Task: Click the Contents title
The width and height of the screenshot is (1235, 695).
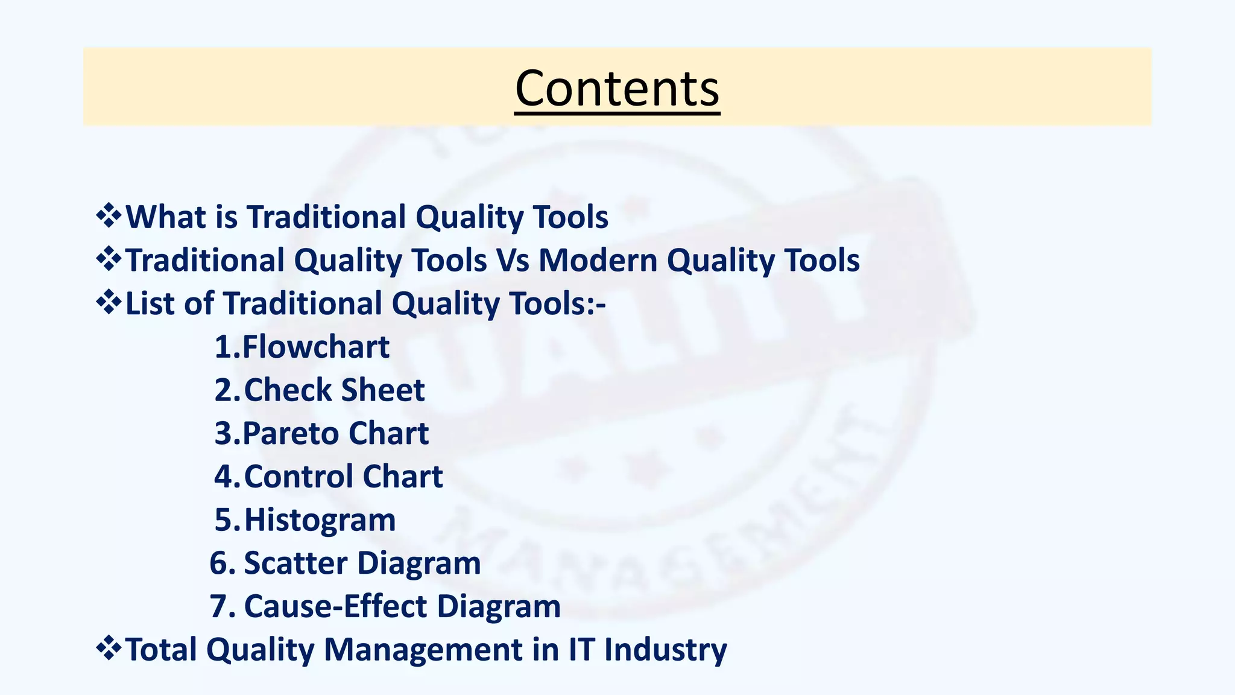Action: click(617, 88)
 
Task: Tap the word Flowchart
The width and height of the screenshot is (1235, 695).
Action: click(316, 347)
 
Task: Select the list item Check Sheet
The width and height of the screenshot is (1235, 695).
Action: click(334, 390)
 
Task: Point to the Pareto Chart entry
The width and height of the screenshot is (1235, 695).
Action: click(335, 434)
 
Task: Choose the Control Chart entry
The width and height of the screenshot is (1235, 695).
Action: click(343, 477)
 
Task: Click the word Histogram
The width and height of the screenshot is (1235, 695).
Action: click(320, 520)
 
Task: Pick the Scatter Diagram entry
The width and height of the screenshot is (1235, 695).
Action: click(362, 563)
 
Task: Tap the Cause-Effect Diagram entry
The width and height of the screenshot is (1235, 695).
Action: click(402, 606)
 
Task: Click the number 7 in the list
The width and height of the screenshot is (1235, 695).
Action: click(221, 606)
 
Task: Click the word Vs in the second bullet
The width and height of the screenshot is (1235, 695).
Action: click(513, 261)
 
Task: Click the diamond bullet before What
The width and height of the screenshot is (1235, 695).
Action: click(109, 216)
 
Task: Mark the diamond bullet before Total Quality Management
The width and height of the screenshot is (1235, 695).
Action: click(109, 649)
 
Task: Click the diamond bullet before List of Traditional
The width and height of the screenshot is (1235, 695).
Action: click(109, 302)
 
